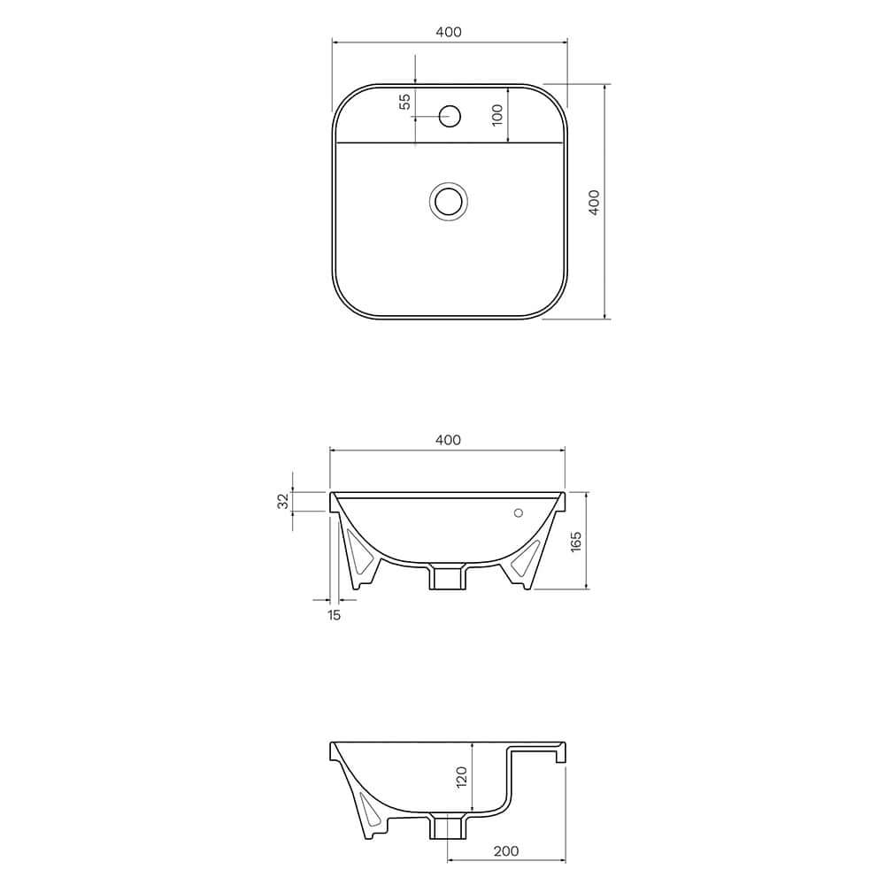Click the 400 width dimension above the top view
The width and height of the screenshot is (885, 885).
click(449, 32)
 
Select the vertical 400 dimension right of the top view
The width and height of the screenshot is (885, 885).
click(595, 202)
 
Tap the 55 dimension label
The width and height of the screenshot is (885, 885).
click(405, 101)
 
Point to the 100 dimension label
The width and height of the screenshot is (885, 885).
click(497, 114)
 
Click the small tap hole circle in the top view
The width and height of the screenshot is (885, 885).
click(450, 114)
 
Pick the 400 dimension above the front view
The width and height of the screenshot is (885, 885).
click(449, 440)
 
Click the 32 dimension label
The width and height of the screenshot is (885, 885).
click(283, 501)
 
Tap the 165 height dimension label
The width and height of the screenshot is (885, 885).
click(576, 541)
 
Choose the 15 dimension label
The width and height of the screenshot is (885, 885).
click(334, 615)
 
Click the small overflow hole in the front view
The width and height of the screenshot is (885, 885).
click(519, 512)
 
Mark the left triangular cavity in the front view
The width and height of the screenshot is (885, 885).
click(360, 554)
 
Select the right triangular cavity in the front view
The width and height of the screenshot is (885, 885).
click(527, 556)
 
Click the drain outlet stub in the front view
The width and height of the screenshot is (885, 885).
click(447, 577)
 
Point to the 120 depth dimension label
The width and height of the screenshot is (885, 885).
click(460, 777)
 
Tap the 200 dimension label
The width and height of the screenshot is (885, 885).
click(505, 851)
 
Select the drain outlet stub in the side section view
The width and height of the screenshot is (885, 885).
click(447, 828)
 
